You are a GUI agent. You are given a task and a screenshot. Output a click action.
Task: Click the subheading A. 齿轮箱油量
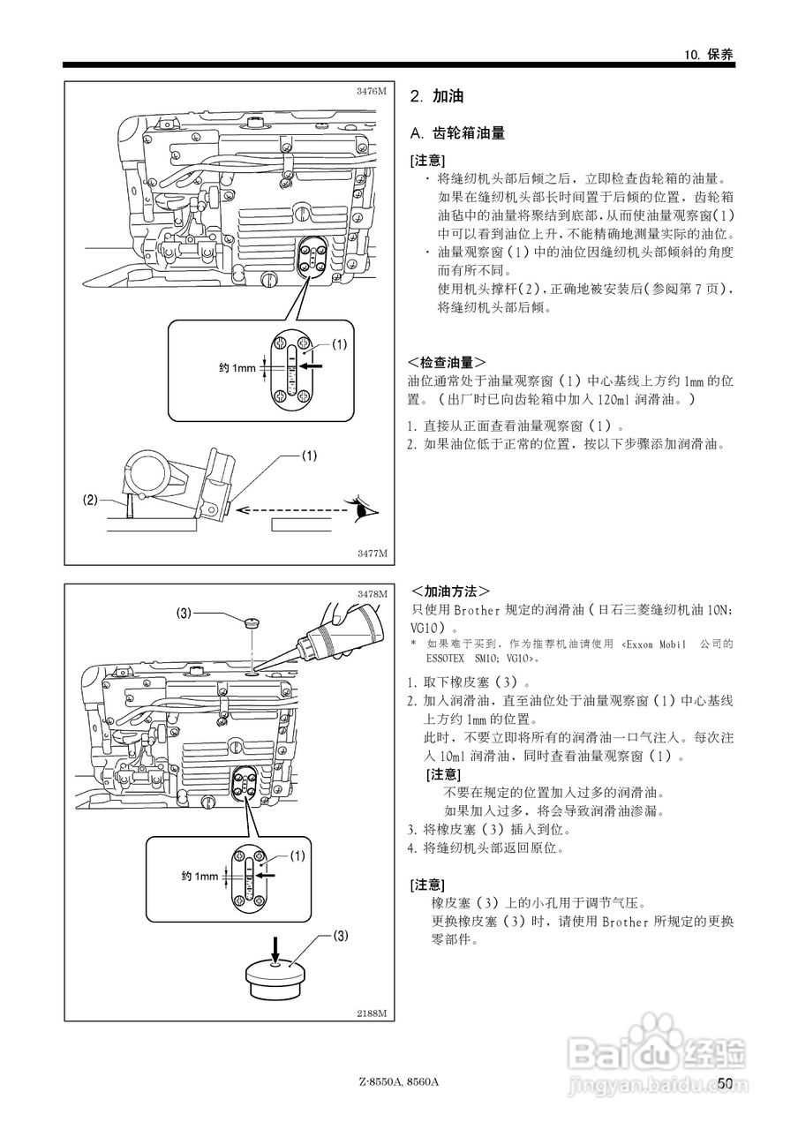[x=458, y=133]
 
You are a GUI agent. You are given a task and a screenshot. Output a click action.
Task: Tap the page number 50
[x=726, y=1083]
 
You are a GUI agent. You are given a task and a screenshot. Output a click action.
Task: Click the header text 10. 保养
[x=709, y=54]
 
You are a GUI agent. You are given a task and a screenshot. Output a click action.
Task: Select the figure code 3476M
[x=372, y=91]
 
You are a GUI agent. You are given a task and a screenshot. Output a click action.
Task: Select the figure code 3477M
[x=372, y=554]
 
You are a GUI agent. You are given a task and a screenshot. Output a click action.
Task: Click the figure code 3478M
[x=372, y=594]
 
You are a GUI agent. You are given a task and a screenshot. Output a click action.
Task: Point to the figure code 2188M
[x=372, y=1013]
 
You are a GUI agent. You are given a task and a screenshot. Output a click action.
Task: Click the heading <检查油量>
[x=447, y=363]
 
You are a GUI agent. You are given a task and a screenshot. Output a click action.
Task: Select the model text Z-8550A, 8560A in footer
[x=399, y=1083]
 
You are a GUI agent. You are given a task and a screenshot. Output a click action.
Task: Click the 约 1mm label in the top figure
[x=236, y=368]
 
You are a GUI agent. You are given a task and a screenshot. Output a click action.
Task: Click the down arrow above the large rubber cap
[x=275, y=949]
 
